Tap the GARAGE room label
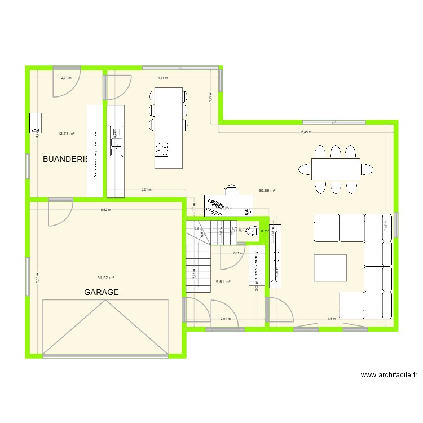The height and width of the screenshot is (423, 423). (x=102, y=292)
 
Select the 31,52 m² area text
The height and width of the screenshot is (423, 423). (x=105, y=277)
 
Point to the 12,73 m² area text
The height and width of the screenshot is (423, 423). (x=67, y=134)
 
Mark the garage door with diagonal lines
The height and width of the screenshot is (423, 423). (x=105, y=328)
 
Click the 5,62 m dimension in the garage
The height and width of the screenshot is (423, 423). (x=105, y=210)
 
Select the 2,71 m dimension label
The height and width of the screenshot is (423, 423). (x=67, y=78)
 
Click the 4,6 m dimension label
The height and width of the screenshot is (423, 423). (x=331, y=319)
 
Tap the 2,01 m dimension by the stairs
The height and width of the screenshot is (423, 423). (x=237, y=253)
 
